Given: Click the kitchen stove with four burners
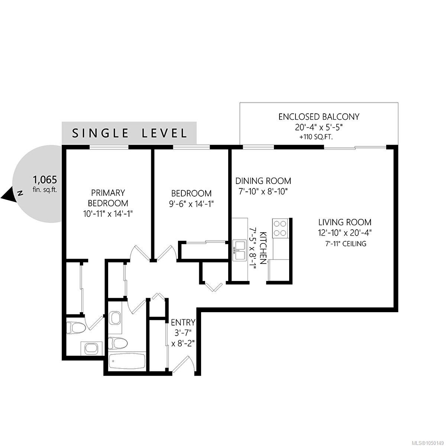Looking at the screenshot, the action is point(280,228).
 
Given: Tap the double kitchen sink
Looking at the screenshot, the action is point(239,250).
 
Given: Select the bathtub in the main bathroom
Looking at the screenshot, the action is point(127,362).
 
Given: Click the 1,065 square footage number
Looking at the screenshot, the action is point(45,180).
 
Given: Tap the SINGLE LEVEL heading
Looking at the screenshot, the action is point(129,133).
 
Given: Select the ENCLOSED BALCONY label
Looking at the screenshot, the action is point(319,117).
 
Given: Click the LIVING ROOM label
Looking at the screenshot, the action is point(345,222).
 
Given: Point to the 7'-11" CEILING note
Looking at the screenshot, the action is point(346,244).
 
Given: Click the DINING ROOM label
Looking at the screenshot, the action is point(263,181).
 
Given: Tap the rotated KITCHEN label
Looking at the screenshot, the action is point(263,248).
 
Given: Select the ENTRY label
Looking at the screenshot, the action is point(183,322).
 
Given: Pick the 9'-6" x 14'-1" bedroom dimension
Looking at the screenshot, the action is point(191,204).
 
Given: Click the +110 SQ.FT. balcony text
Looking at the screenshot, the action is point(316,137).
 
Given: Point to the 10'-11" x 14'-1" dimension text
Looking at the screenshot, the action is point(108,213).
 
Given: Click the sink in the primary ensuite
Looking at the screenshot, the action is point(92,348).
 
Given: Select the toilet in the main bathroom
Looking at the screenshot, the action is point(118,343).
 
